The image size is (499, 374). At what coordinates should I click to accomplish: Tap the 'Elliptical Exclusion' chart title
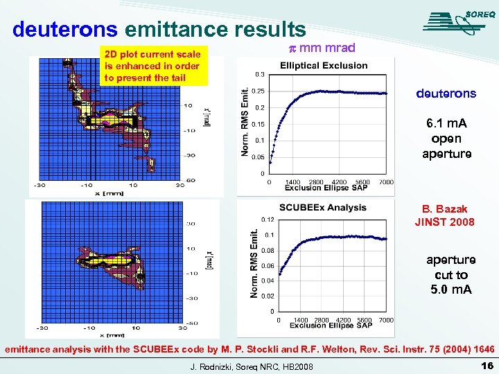pyautogui.click(x=324, y=66)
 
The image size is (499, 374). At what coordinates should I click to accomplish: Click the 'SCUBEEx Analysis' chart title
pyautogui.click(x=323, y=208)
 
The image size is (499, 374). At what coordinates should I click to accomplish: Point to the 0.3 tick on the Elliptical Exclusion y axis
pyautogui.click(x=259, y=74)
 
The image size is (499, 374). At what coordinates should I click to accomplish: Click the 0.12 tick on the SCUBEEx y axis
pyautogui.click(x=267, y=220)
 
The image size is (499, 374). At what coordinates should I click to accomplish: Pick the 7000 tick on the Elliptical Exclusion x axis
pyautogui.click(x=386, y=182)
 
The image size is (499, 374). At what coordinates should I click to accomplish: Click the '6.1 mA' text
pyautogui.click(x=446, y=123)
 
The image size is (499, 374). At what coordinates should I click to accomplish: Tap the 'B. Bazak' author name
pyautogui.click(x=444, y=208)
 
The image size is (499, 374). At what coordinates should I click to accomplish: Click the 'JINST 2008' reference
pyautogui.click(x=444, y=222)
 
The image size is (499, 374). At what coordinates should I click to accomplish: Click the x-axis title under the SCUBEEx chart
pyautogui.click(x=331, y=326)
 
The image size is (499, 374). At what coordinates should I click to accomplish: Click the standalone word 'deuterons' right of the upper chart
pyautogui.click(x=446, y=93)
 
